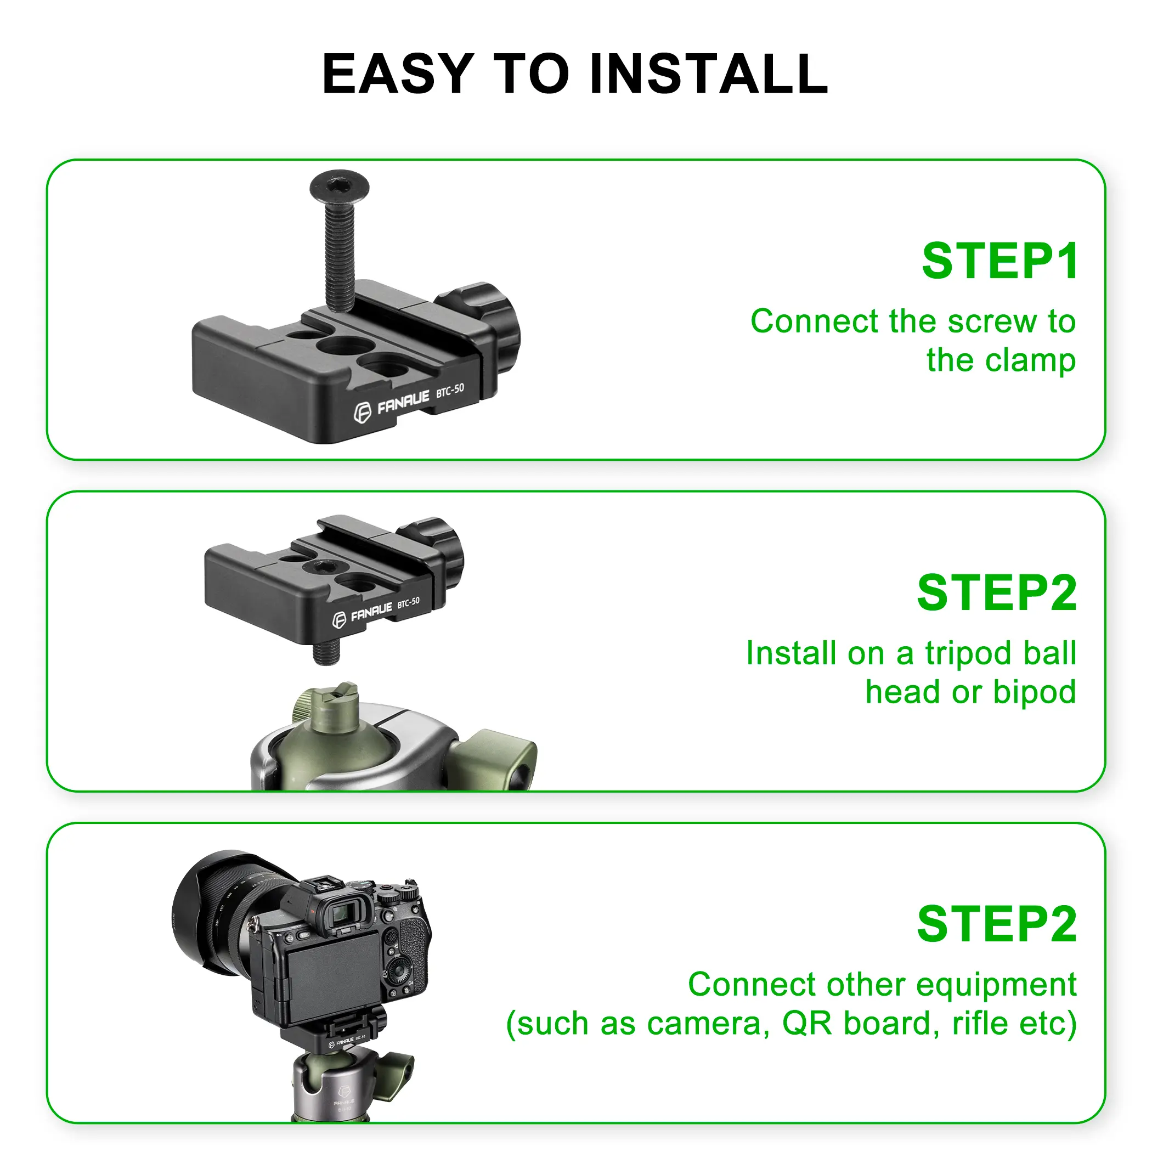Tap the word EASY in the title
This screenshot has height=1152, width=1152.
tap(398, 74)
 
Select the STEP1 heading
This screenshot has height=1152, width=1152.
tap(1000, 261)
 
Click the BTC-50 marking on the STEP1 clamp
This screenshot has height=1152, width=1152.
tap(450, 391)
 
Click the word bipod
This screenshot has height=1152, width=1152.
tap(1035, 693)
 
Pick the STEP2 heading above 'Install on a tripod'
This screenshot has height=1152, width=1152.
tap(997, 592)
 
